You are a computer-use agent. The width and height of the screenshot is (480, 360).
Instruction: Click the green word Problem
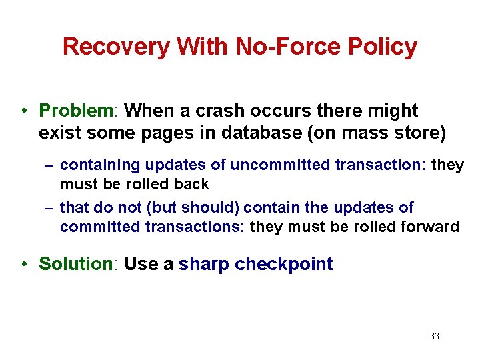pos(77,110)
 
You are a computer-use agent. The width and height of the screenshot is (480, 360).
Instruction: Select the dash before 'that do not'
pos(49,208)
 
